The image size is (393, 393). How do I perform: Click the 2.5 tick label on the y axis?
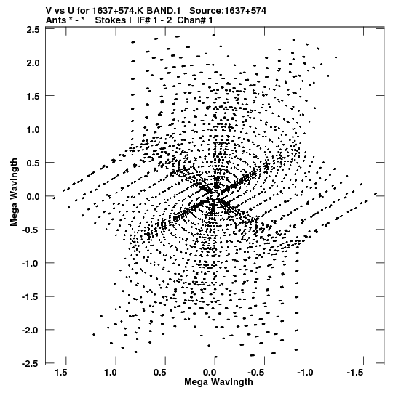[x=33, y=30]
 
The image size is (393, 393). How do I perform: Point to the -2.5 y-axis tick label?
[x=31, y=363]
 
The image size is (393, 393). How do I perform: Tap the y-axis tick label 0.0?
[x=33, y=196]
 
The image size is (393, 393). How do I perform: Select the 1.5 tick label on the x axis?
[x=61, y=373]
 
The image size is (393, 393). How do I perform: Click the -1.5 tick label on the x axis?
[x=354, y=373]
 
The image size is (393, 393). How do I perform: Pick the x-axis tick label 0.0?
[x=210, y=373]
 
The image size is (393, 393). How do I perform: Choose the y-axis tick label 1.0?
[x=33, y=130]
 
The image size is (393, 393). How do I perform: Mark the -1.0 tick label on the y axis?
[x=31, y=264]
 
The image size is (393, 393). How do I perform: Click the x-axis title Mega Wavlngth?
[x=218, y=382]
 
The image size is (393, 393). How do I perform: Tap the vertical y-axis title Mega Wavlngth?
[x=14, y=193]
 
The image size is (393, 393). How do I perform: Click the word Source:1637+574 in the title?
[x=228, y=11]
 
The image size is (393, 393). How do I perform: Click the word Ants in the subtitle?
[x=56, y=20]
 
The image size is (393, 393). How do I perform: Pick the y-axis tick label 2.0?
[x=33, y=63]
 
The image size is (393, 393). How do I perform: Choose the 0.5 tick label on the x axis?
[x=160, y=373]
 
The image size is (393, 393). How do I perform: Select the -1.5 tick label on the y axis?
[x=31, y=297]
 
